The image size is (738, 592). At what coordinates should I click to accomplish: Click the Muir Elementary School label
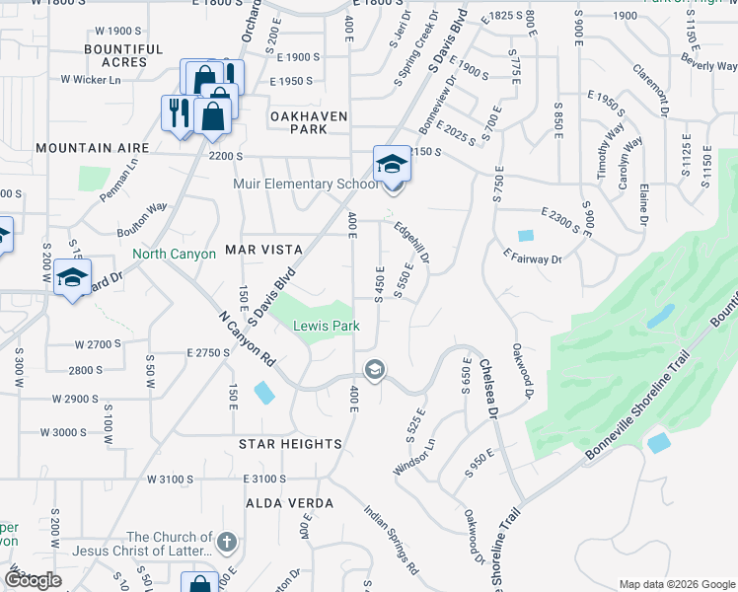click(305, 184)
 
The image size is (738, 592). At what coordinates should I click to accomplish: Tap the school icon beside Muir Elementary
click(391, 164)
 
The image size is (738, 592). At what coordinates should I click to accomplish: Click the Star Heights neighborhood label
click(290, 444)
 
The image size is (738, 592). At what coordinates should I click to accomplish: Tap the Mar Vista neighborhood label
click(263, 250)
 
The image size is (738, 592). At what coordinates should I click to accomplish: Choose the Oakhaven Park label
click(310, 122)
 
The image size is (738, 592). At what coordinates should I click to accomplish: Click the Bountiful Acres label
click(123, 55)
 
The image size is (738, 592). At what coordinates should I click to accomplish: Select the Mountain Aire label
click(92, 147)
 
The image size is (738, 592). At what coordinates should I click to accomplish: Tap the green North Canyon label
click(174, 254)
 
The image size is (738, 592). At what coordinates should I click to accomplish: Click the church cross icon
click(226, 542)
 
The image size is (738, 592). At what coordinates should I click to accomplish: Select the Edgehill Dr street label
click(411, 242)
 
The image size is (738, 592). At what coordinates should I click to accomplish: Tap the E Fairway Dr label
click(531, 259)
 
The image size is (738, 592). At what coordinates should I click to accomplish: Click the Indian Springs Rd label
click(391, 541)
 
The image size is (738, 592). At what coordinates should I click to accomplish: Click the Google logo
click(33, 580)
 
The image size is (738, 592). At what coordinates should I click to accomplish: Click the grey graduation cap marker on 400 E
click(374, 370)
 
